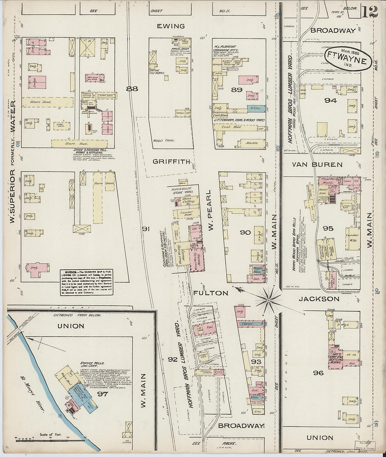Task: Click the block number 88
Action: [x=132, y=89]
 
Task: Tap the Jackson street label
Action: [x=319, y=299]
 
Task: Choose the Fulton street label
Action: [x=211, y=293]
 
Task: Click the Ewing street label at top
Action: [x=171, y=26]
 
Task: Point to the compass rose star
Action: [x=269, y=300]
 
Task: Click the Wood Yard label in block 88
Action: [x=163, y=140]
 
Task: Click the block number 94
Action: [x=330, y=101]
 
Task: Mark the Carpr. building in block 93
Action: [x=249, y=324]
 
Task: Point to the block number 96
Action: [x=318, y=373]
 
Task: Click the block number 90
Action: [x=245, y=232]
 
